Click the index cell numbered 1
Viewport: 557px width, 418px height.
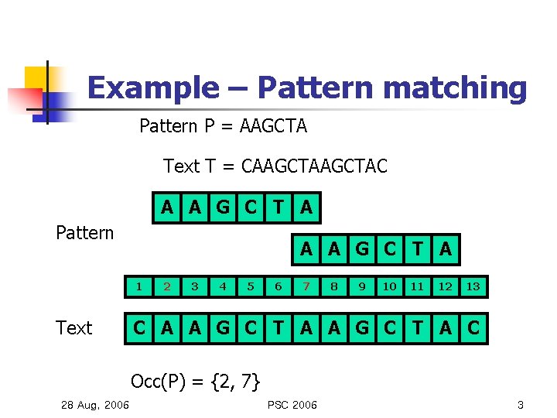[139, 286]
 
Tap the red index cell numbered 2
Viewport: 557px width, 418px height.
[167, 286]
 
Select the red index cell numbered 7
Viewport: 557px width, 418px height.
[306, 286]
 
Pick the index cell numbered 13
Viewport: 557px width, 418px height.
[473, 286]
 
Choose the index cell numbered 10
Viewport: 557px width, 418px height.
[390, 286]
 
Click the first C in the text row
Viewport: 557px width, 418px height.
[139, 328]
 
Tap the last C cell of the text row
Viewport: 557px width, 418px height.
[473, 328]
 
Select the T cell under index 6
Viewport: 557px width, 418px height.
[278, 328]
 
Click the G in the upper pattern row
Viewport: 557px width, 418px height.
[223, 207]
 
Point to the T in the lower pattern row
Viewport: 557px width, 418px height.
[418, 249]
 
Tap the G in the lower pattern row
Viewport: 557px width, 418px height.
[362, 249]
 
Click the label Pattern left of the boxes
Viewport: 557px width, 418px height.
[85, 232]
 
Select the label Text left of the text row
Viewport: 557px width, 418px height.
[74, 328]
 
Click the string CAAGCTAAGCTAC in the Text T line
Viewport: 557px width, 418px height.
[315, 166]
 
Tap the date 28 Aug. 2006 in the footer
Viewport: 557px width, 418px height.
[95, 406]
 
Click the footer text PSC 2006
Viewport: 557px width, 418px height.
[292, 405]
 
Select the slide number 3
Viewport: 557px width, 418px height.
[521, 405]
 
